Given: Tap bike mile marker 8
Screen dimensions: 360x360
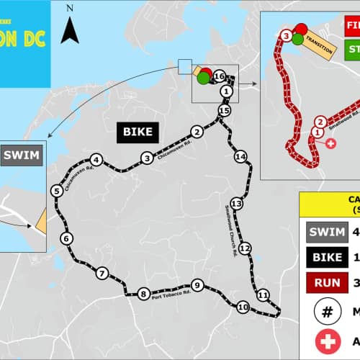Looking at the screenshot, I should [144, 293].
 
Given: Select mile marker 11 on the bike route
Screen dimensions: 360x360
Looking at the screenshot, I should [263, 295].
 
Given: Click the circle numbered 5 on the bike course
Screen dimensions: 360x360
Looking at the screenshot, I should [55, 191].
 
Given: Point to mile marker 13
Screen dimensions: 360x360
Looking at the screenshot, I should [235, 204].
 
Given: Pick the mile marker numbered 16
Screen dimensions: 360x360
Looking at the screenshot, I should [220, 76].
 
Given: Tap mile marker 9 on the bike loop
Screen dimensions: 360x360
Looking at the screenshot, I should [197, 286].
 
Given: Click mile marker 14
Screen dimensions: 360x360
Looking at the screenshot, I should [240, 156].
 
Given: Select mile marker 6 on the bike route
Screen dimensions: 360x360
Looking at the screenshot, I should [66, 238].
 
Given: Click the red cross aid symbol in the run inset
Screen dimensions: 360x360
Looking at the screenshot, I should [330, 143].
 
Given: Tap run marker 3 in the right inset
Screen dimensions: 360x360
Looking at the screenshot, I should [287, 35].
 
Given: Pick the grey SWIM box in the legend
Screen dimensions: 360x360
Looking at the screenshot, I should [325, 232].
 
